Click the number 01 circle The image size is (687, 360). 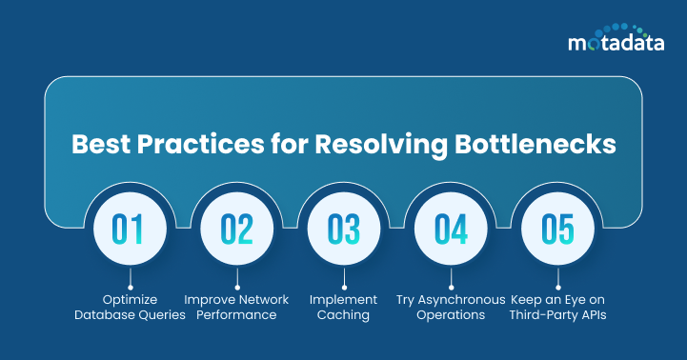coord(130,230)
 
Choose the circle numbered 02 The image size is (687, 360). coord(236,230)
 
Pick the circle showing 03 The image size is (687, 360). coord(343,230)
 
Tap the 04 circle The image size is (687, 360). coord(451,230)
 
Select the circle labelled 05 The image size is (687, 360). coord(557,230)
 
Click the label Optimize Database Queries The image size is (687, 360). coord(130,307)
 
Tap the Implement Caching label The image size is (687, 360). coord(343,307)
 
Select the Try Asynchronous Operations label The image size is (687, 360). coord(451,307)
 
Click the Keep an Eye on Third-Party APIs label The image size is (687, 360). coord(557,307)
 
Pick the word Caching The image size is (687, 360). coord(343,314)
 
